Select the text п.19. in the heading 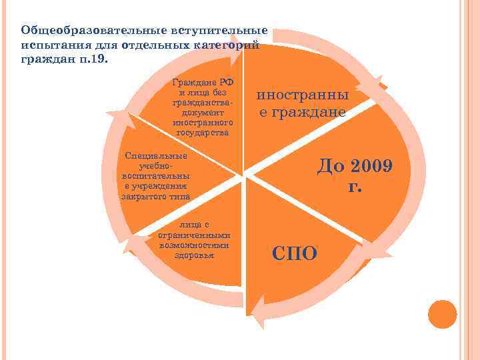coord(98,59)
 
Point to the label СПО coord(295,252)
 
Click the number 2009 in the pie coord(365,165)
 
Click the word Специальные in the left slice coord(157,156)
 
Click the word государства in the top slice coord(203,133)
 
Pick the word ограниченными coord(195,235)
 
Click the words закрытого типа coord(156,197)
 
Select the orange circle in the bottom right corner coord(442,313)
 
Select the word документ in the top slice coord(203,113)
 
